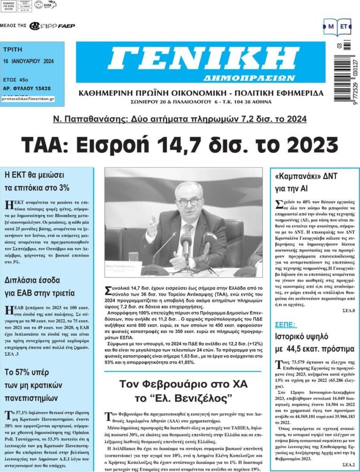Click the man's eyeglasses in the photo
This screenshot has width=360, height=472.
tap(189, 201)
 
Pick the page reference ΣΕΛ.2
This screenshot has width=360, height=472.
tap(348, 464)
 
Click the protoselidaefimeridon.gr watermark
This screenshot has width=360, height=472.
tap(28, 99)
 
